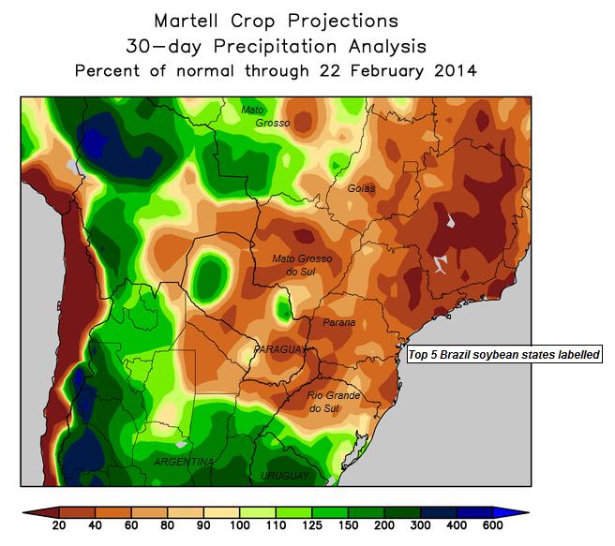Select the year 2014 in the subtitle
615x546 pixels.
click(x=455, y=70)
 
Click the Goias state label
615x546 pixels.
click(x=361, y=188)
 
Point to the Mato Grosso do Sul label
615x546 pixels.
click(x=301, y=264)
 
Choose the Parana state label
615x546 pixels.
click(x=338, y=323)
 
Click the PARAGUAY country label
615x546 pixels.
click(x=279, y=348)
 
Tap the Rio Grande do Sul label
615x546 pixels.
click(x=335, y=402)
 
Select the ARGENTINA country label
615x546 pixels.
click(x=184, y=463)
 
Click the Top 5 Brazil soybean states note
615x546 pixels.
click(x=504, y=355)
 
